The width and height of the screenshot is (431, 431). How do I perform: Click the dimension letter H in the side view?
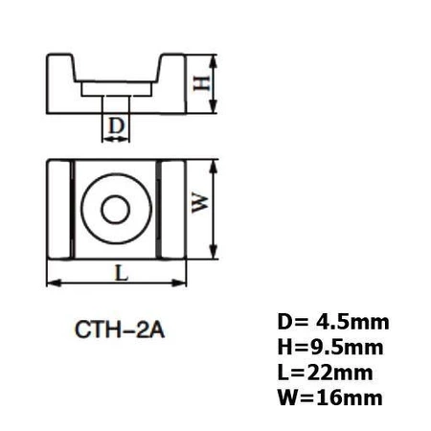(202, 83)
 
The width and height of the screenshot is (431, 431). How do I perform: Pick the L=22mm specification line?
(321, 372)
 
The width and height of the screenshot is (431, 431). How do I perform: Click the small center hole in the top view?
(118, 208)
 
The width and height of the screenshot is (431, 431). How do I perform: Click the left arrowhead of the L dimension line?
(51, 283)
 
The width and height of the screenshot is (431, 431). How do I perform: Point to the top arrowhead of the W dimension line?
(215, 162)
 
